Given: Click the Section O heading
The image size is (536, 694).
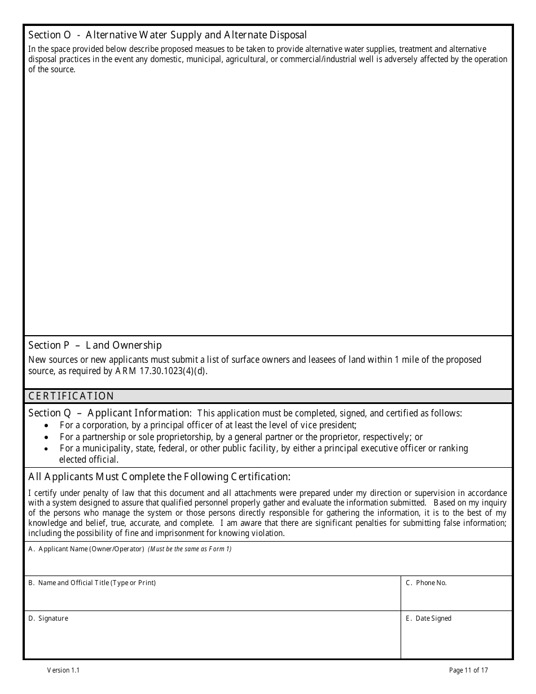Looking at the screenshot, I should click(168, 36).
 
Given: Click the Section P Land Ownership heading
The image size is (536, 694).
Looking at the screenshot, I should click(95, 345).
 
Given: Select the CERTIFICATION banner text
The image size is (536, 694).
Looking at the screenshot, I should click(71, 396).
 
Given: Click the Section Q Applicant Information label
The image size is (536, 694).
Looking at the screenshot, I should click(109, 413).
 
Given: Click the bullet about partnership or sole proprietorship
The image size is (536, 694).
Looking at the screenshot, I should click(241, 437).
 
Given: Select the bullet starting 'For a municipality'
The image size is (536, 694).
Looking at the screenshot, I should click(263, 448).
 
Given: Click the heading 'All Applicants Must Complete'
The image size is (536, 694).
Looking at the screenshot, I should click(159, 477).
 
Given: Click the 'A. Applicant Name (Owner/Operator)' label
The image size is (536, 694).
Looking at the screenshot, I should click(86, 549).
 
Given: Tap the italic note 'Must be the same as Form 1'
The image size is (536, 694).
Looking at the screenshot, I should click(190, 549).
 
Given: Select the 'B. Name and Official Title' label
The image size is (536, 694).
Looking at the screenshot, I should click(92, 583).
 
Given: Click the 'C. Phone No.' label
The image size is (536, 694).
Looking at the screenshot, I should click(426, 583).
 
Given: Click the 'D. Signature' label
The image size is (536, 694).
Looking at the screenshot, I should click(48, 618).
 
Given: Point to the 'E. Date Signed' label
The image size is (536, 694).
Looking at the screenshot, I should click(428, 618).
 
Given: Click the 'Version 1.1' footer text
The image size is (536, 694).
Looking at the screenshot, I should click(63, 670).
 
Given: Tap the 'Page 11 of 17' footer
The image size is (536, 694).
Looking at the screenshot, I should click(468, 670).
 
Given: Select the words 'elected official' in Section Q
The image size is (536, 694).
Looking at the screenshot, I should click(89, 460).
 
